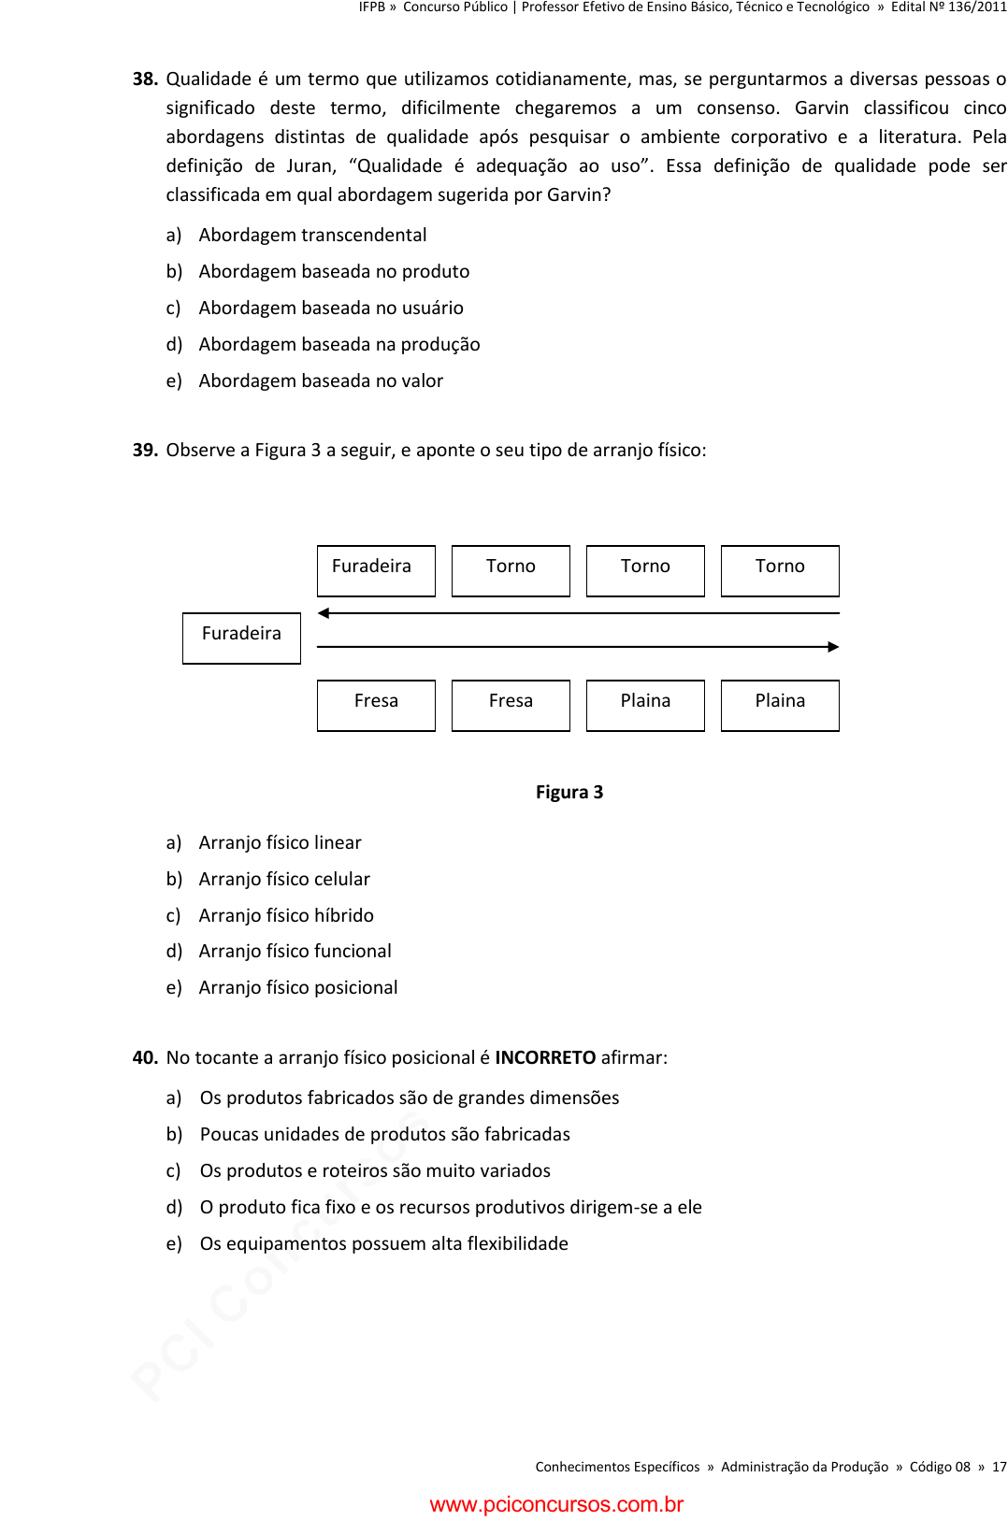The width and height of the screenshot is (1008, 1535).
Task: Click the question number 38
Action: coord(145,79)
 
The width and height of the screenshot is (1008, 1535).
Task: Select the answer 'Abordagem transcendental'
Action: coord(312,236)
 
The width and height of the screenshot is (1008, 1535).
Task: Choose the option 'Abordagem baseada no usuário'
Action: coord(330,308)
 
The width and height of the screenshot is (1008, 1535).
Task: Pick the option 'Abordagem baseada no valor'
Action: coord(321,381)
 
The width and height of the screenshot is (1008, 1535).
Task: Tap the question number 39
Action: coord(145,451)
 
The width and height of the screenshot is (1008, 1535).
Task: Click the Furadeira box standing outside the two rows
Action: coord(241,638)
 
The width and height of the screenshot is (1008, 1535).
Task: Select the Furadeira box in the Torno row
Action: coord(376,570)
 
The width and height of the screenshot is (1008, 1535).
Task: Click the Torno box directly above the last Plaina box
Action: coord(780,570)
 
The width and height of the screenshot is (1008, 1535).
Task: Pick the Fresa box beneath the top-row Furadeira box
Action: coord(376,705)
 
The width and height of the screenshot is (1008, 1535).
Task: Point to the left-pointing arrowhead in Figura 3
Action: coord(324,613)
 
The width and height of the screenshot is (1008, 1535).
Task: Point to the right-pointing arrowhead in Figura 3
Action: coord(833,647)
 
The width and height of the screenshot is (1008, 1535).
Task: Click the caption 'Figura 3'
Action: coord(569,793)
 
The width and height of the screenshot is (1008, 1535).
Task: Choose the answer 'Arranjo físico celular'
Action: coord(284,880)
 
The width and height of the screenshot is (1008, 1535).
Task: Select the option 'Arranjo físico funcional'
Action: coord(295,952)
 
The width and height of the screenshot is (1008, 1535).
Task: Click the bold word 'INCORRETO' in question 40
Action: coord(545,1058)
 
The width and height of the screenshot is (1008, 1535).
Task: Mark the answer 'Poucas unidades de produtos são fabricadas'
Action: coord(384,1135)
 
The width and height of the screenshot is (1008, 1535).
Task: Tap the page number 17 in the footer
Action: coord(1000,1468)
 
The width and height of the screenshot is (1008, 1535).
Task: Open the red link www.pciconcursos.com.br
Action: coord(556,1505)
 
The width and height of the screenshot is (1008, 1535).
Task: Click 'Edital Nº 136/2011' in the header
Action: coord(948,7)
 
